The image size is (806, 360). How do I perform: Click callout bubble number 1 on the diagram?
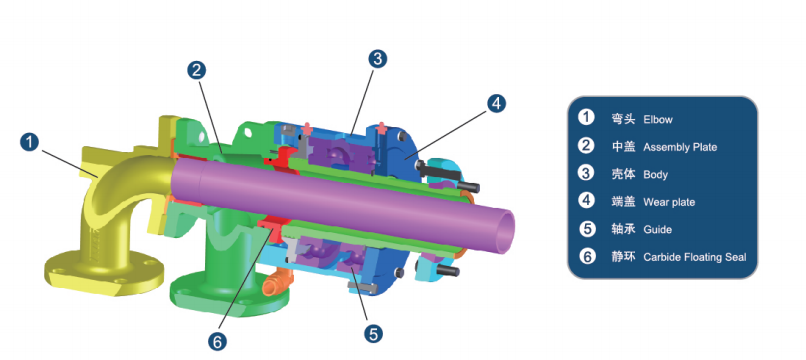click(x=30, y=142)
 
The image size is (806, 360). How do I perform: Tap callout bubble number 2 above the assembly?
click(x=196, y=70)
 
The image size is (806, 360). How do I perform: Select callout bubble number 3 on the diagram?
click(x=377, y=59)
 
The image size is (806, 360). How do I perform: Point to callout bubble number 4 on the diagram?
click(x=496, y=103)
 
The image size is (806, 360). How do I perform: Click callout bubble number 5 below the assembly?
click(x=373, y=334)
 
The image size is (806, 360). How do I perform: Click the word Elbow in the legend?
click(x=658, y=120)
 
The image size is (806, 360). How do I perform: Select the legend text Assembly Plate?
click(x=680, y=148)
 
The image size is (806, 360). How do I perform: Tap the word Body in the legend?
click(x=655, y=175)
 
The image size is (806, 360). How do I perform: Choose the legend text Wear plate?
click(x=669, y=203)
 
